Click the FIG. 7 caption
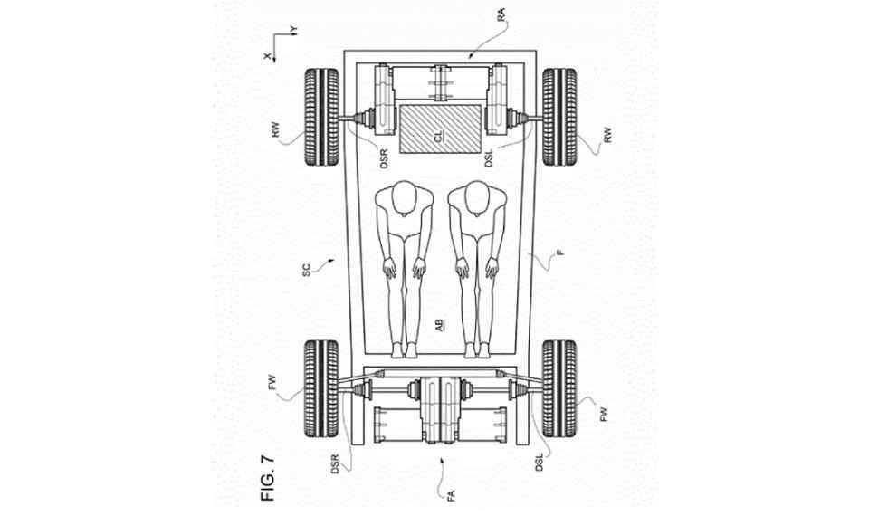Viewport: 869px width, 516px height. point(268,478)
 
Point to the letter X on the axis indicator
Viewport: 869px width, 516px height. point(267,56)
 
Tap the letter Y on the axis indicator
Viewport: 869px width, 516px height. point(294,30)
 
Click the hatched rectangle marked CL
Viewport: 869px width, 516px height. point(440,129)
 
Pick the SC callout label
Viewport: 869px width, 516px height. point(307,271)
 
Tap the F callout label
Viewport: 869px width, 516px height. point(560,253)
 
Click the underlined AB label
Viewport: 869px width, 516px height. point(438,326)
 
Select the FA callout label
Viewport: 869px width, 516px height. point(451,495)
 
